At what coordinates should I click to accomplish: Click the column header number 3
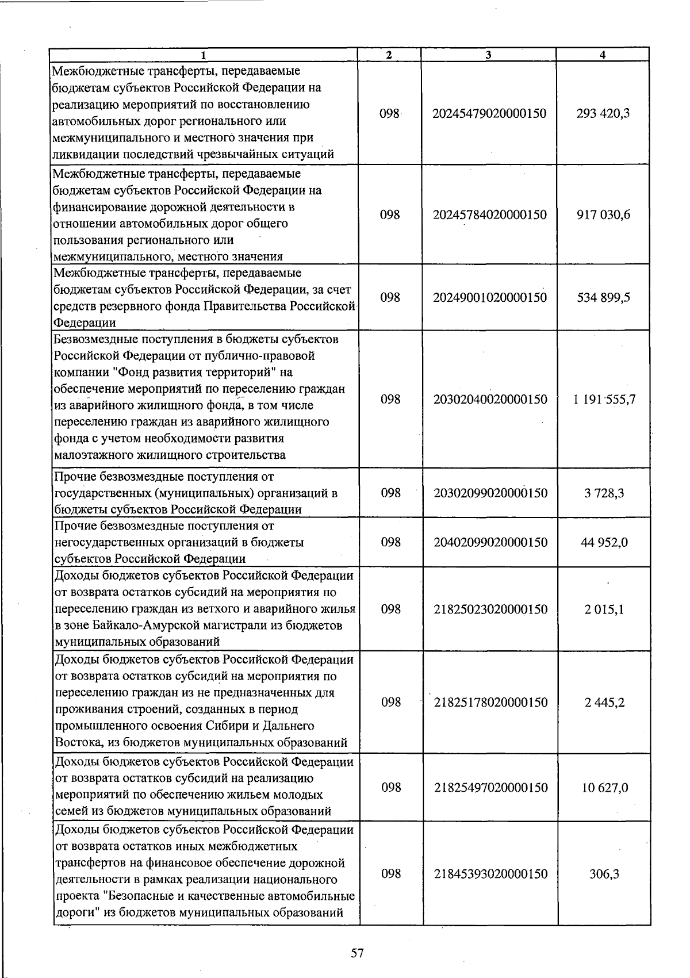[488, 55]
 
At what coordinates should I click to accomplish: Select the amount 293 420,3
[603, 113]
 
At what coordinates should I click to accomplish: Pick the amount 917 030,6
[603, 215]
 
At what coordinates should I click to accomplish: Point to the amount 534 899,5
[603, 298]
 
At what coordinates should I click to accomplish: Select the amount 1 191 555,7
[604, 400]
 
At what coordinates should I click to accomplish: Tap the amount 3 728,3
[605, 493]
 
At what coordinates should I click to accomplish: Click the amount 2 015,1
[605, 609]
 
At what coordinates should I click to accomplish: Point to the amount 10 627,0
[604, 788]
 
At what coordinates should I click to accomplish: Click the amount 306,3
[604, 874]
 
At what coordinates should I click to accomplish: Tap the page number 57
[357, 953]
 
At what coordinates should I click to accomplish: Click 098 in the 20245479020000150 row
[389, 113]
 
